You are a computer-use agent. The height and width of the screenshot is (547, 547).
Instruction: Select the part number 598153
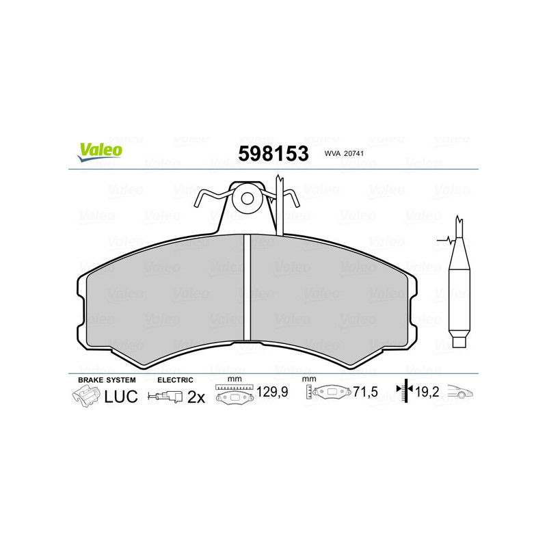273,153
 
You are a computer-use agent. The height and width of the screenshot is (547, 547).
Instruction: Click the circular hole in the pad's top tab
248,199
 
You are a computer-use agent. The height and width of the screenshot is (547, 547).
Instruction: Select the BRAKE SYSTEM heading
107,379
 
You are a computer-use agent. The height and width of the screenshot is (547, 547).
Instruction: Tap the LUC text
121,397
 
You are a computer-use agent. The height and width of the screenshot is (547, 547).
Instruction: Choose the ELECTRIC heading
175,379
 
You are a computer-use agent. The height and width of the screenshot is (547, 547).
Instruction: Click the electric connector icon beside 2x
166,397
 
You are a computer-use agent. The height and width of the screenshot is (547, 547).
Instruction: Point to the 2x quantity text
196,397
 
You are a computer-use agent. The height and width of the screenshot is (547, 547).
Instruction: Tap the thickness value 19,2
428,393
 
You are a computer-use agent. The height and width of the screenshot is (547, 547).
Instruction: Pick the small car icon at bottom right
461,392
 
